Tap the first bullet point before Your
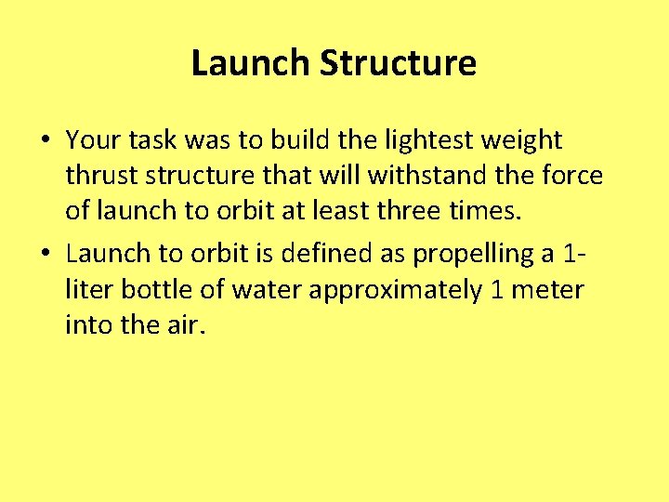pos(46,141)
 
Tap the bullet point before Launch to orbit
pos(46,253)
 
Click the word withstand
pos(453,175)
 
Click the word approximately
pos(395,291)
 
